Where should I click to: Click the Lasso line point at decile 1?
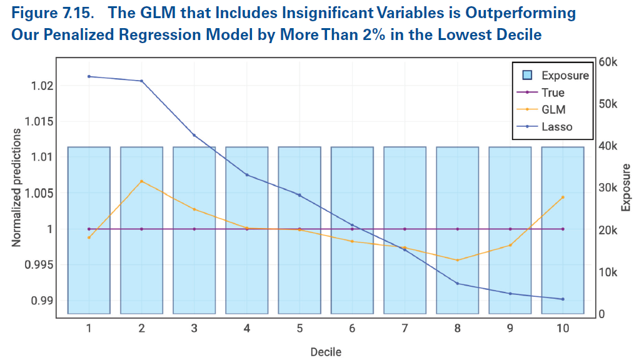[x=89, y=76]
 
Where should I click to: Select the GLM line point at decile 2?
[x=142, y=181]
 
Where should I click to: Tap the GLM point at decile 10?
[x=563, y=197]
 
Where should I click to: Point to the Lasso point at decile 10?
[x=563, y=299]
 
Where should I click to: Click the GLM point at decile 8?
[x=458, y=260]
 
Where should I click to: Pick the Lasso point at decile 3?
[x=194, y=135]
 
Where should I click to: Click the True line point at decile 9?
[x=510, y=229]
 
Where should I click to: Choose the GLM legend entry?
[x=554, y=109]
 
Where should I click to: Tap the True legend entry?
[x=553, y=92]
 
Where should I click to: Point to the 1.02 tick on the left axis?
[x=44, y=85]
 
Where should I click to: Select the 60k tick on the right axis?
[x=607, y=62]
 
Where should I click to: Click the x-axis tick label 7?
[x=405, y=328]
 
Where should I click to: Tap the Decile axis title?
[x=326, y=352]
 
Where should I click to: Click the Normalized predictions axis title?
[x=17, y=188]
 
